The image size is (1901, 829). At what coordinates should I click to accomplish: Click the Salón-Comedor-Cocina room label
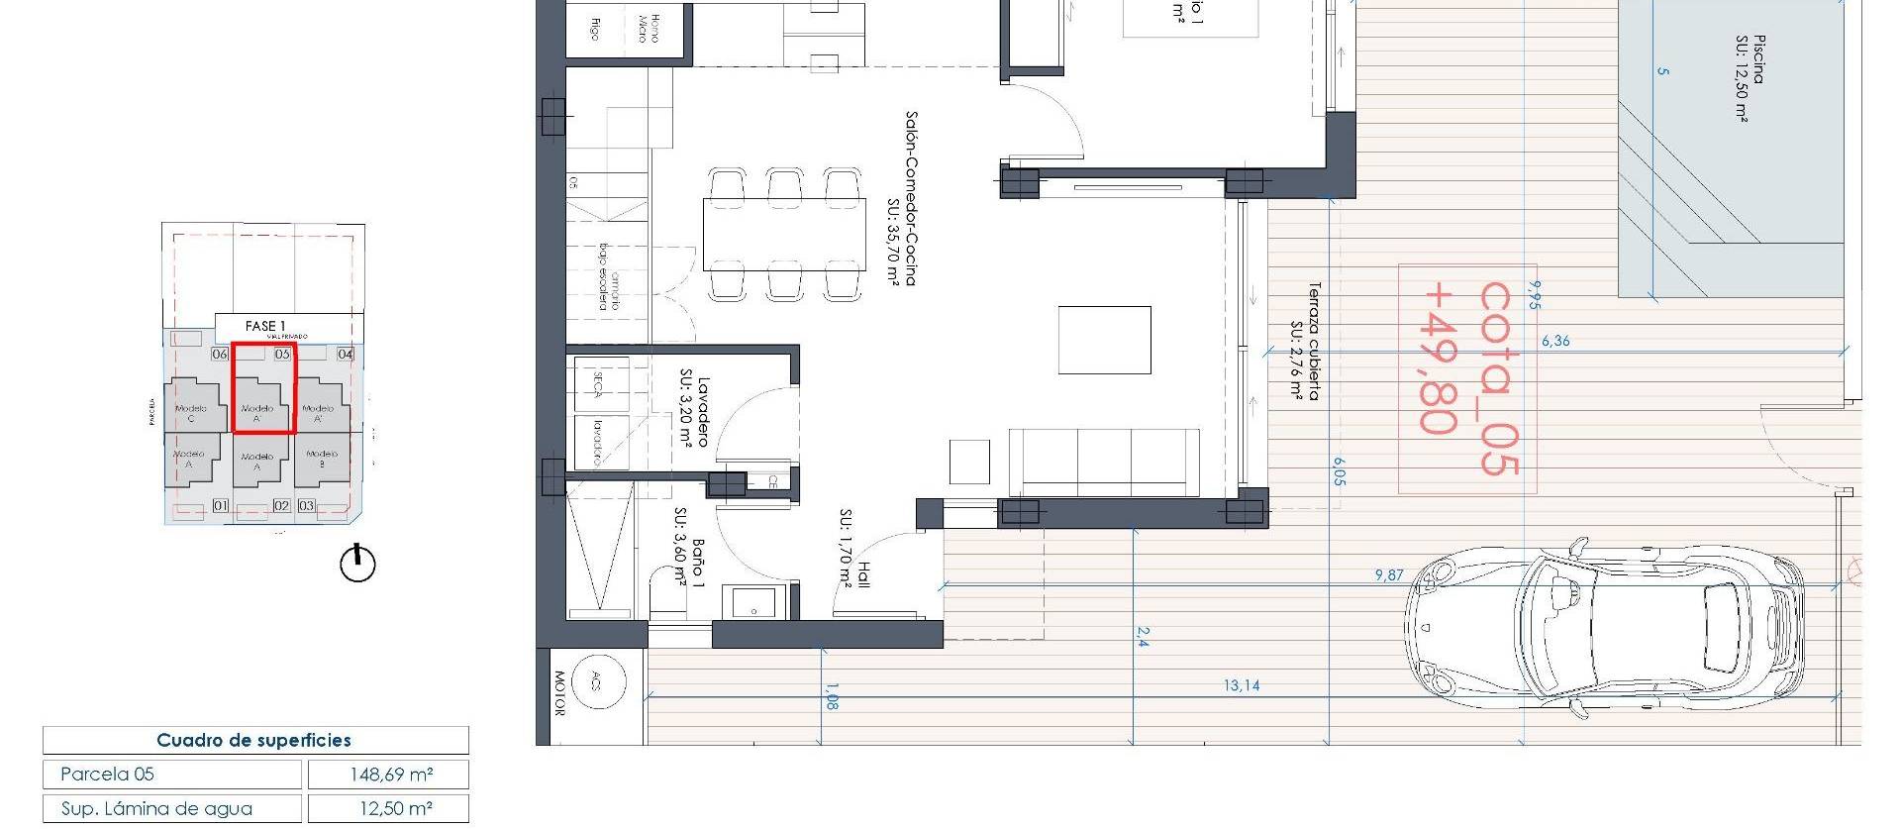point(910,198)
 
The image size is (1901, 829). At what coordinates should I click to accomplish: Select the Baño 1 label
point(698,560)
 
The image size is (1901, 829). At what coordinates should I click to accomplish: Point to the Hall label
point(862,574)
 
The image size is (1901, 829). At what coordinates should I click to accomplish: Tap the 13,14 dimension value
point(1241,685)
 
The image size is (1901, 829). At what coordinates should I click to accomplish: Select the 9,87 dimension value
point(1388,574)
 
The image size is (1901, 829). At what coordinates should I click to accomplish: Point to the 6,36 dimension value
point(1554,341)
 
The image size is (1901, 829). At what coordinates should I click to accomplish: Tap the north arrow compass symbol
point(357,564)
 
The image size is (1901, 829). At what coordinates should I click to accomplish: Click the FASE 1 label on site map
point(264,326)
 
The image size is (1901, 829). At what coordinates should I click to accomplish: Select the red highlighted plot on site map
point(263,388)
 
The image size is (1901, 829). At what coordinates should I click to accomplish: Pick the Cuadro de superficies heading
point(254,740)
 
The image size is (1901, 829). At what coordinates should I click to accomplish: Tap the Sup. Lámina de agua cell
point(156,808)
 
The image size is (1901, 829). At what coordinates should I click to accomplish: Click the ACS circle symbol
point(597,680)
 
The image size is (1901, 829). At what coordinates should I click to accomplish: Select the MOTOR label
point(558,693)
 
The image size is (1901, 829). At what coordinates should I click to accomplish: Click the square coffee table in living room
point(1104,340)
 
